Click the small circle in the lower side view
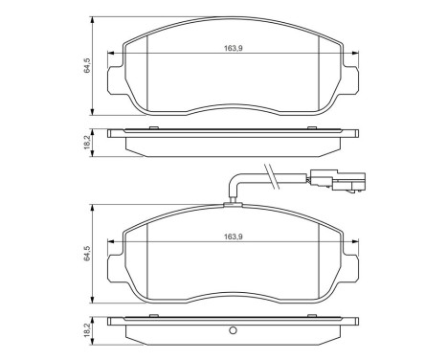pos(232,331)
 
